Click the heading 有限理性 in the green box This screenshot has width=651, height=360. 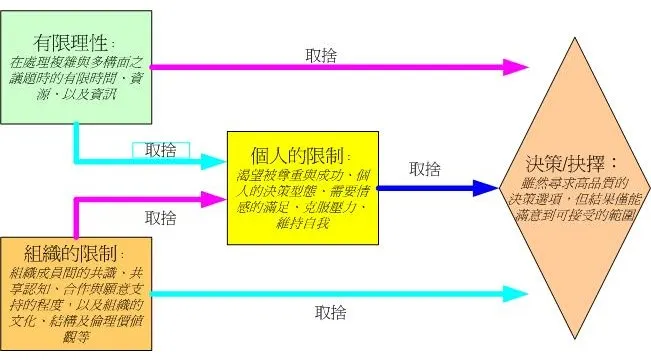point(73,44)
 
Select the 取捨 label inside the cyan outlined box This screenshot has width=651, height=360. point(161,150)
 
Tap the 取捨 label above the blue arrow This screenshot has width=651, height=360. point(424,169)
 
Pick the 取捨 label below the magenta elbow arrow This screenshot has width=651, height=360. point(161,217)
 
